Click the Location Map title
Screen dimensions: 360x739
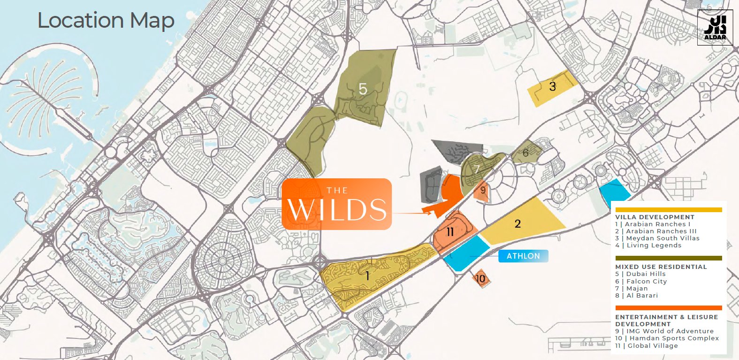(x=106, y=21)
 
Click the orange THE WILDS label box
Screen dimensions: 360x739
(x=337, y=204)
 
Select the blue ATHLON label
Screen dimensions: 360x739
(x=523, y=256)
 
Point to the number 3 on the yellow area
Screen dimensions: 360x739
(x=552, y=86)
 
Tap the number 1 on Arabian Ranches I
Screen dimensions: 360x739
(x=367, y=276)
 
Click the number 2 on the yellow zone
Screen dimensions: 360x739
(x=518, y=223)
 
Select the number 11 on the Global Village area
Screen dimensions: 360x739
(x=450, y=231)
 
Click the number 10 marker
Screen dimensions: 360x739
(x=480, y=279)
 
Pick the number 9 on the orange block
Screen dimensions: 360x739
(x=483, y=190)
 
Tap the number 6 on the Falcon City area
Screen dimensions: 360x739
(x=526, y=153)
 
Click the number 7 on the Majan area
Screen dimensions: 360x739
(x=477, y=169)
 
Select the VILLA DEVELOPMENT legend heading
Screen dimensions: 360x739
(x=655, y=217)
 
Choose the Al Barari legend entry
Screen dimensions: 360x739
(x=637, y=295)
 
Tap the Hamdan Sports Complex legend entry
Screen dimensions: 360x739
(x=667, y=338)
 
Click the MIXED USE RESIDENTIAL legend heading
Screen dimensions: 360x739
(x=661, y=267)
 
